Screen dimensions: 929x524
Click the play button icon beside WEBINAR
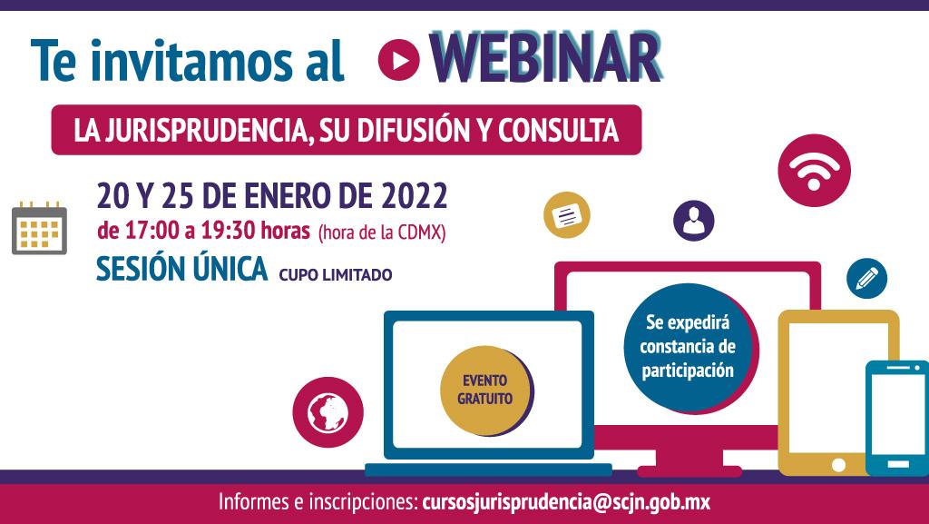399,60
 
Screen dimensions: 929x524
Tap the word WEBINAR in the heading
545,58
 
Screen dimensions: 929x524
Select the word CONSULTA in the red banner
558,131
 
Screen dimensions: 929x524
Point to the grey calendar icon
39,228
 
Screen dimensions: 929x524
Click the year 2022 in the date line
414,196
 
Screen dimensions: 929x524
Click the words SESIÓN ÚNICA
181,269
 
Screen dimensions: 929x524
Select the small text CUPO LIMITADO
336,275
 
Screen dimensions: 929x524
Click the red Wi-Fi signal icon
814,171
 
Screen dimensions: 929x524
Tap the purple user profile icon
694,221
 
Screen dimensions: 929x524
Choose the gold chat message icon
567,214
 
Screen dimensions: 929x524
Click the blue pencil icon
866,278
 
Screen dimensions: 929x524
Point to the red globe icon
328,412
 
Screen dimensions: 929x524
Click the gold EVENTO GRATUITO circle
485,390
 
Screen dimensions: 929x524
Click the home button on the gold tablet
838,464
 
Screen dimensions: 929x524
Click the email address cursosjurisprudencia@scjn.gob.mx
566,502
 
